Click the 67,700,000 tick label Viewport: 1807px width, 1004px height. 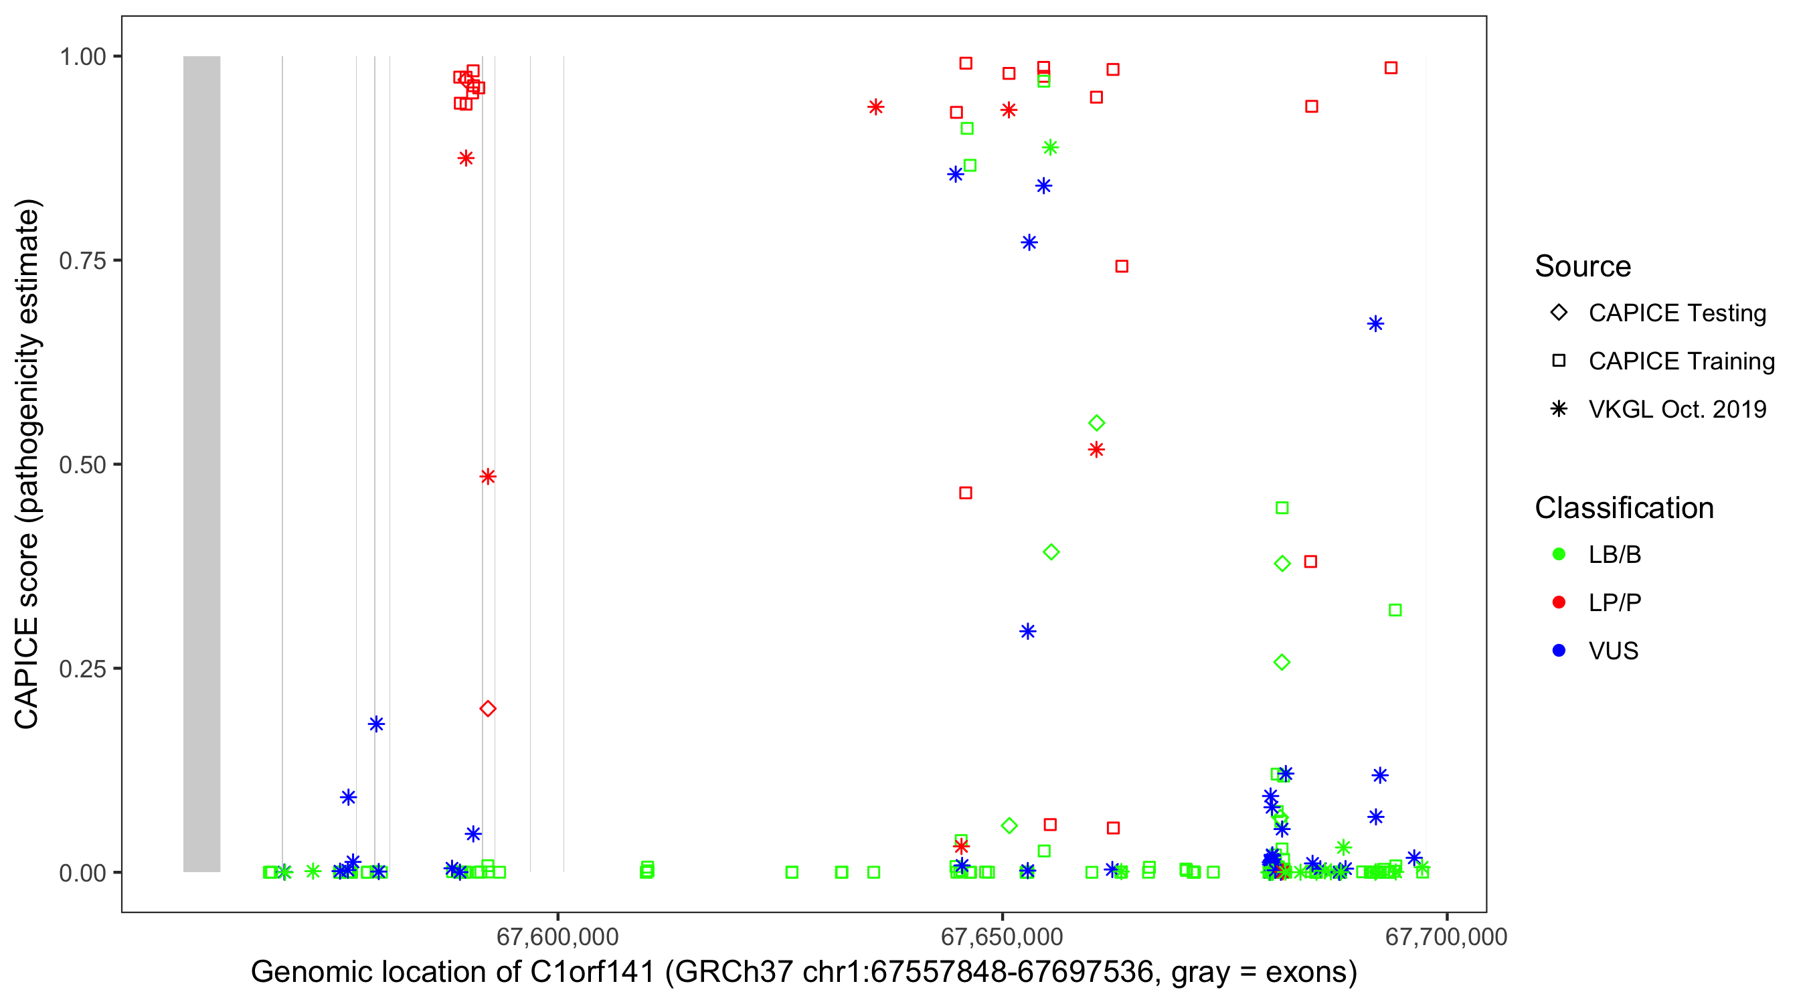[x=1446, y=936]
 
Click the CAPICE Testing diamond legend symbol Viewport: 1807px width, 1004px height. [x=1559, y=313]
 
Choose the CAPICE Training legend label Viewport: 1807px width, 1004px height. [x=1681, y=361]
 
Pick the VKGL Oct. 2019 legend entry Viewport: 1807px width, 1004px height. [x=1677, y=409]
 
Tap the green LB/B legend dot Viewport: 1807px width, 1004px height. [x=1559, y=554]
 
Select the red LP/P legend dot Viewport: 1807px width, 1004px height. [x=1559, y=602]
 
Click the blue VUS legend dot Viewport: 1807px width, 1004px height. [x=1559, y=651]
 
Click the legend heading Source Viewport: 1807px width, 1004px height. [x=1583, y=266]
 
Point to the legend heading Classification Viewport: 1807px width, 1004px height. [x=1624, y=508]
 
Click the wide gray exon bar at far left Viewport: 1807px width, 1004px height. [x=201, y=463]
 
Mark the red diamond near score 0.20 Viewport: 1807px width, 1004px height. [x=487, y=709]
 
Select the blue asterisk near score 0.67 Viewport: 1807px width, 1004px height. [x=1375, y=324]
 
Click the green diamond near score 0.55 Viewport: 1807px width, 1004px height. [x=1096, y=423]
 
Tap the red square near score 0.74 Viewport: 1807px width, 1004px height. [x=1122, y=266]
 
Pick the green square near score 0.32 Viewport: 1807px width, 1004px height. [x=1395, y=610]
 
